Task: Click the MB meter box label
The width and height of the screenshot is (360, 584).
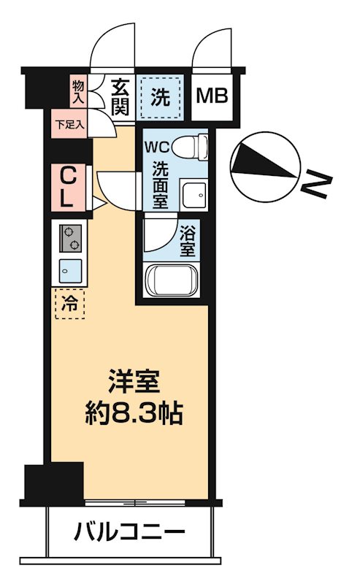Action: [x=213, y=96]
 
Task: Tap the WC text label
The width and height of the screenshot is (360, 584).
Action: [x=157, y=145]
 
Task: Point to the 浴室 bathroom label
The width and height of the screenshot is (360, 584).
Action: [x=187, y=241]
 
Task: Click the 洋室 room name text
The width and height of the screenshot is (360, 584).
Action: [x=133, y=382]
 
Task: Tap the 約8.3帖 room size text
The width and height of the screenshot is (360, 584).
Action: [x=132, y=415]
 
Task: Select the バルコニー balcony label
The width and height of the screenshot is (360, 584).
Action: [x=128, y=533]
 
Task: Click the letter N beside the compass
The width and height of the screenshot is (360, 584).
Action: [x=318, y=184]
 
